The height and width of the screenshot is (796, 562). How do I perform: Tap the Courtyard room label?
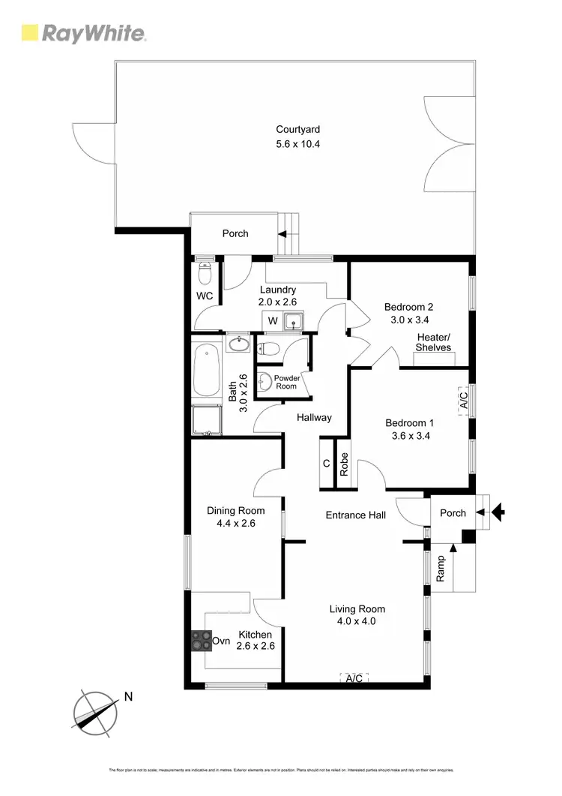(x=297, y=130)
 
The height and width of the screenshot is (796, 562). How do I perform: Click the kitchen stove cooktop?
(x=201, y=641)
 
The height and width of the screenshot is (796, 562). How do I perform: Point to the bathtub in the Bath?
(x=205, y=371)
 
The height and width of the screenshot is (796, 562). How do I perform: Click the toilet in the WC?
(x=205, y=269)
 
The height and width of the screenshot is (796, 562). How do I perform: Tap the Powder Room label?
(x=286, y=382)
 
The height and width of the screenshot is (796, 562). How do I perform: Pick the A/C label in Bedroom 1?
(x=463, y=400)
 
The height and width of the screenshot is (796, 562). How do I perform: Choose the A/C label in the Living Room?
(x=354, y=678)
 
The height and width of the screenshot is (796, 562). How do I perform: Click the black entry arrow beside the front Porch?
(x=498, y=513)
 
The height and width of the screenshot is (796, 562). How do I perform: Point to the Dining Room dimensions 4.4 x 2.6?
(x=236, y=524)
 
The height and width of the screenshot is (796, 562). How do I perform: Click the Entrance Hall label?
(x=356, y=515)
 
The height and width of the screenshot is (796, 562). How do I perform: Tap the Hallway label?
(x=313, y=418)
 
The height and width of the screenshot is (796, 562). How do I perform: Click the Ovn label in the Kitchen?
(x=221, y=641)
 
